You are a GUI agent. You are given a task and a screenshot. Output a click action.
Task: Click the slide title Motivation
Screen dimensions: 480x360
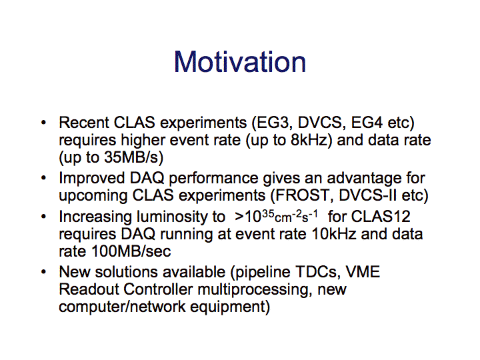coord(240,62)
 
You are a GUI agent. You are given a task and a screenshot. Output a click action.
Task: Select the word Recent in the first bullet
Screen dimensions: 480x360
coord(84,123)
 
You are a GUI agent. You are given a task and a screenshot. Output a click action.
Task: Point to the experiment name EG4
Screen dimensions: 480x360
coord(367,123)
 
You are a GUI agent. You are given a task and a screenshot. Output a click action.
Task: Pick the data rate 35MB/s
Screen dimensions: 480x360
coord(131,157)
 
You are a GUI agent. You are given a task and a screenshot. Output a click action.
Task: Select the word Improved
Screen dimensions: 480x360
coord(92,178)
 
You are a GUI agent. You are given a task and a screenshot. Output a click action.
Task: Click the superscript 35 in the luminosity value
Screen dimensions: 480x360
coord(267,213)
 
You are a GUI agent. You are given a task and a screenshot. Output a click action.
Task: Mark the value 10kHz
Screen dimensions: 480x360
coord(334,234)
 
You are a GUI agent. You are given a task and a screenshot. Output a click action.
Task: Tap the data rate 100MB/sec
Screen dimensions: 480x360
coord(131,251)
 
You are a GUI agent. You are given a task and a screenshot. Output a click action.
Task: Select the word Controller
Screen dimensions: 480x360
coord(158,289)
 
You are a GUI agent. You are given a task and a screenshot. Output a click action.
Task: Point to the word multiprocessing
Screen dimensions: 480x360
coord(255,289)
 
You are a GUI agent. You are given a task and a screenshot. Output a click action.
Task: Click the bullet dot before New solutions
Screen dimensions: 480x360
coord(43,272)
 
